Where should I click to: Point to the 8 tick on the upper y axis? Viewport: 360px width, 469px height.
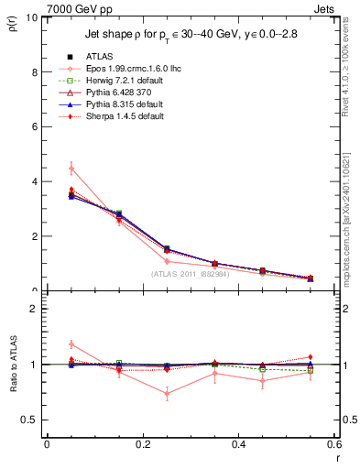34,71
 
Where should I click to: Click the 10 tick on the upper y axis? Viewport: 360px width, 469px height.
31,17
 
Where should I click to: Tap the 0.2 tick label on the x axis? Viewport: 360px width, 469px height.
142,444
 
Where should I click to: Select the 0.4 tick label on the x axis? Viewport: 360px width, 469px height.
238,444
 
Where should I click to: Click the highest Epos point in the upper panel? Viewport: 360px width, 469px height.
71,168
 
